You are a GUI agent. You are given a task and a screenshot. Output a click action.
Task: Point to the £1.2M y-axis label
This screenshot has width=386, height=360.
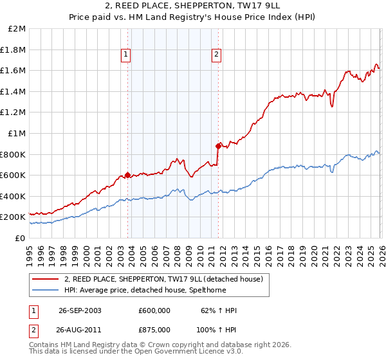[x=14, y=113]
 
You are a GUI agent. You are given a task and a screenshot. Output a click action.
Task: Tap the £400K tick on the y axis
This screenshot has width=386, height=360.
[x=14, y=196]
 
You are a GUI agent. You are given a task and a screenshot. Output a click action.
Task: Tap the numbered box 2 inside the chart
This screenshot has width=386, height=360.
[x=217, y=55]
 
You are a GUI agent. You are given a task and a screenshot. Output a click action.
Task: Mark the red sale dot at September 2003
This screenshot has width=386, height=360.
[x=128, y=175]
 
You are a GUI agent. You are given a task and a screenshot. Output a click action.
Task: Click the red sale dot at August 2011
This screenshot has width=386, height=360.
[x=218, y=146]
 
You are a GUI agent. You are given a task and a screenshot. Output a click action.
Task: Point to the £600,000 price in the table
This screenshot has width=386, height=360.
[x=154, y=310]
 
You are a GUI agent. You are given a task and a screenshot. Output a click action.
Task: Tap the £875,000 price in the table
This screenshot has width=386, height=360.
[x=154, y=329]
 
